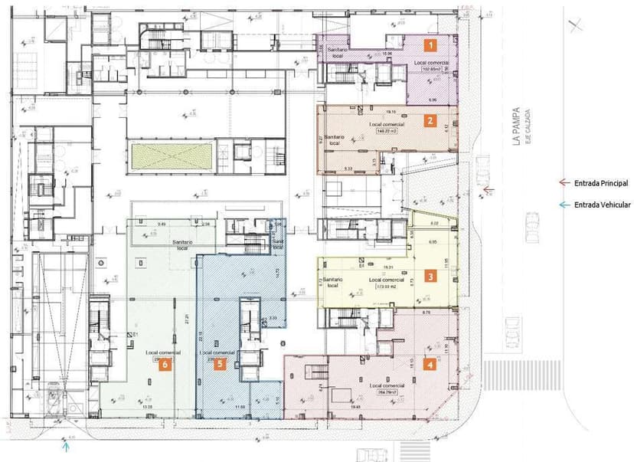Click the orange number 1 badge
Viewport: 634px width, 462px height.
(x=432, y=45)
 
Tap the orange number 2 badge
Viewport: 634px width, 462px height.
(x=431, y=120)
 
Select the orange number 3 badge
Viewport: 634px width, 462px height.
(x=430, y=277)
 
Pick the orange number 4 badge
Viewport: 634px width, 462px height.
(x=430, y=365)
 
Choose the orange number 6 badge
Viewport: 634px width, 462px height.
(x=163, y=365)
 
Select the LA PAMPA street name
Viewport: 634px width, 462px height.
(x=518, y=126)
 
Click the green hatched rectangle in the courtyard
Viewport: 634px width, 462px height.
(x=171, y=156)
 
